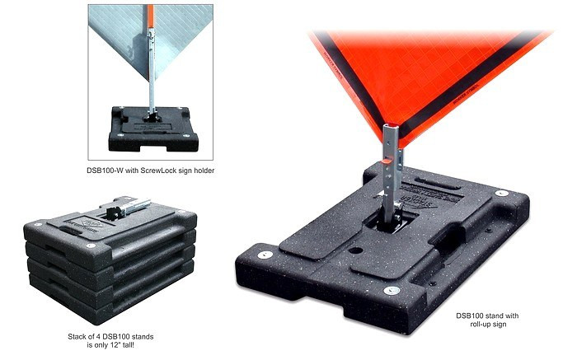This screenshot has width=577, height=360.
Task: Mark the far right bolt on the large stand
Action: pos(500,193)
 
